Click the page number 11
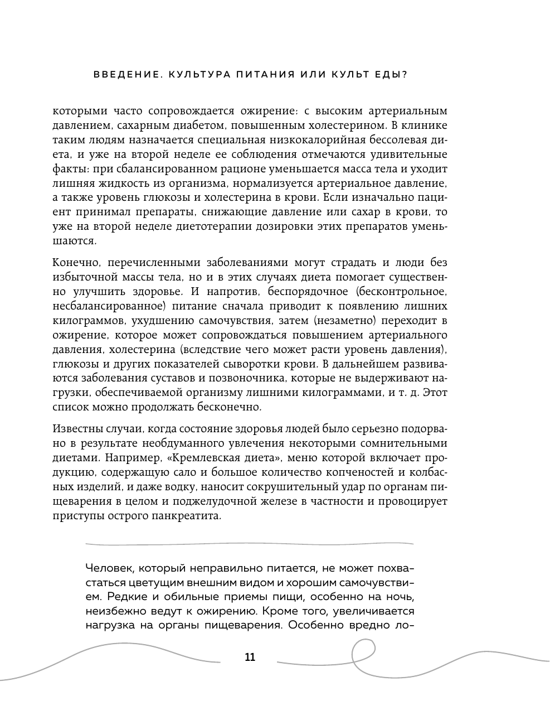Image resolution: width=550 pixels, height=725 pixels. pos(250,657)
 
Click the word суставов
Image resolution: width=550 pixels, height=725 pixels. pos(154,378)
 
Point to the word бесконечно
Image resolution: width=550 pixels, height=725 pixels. pos(228,407)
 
